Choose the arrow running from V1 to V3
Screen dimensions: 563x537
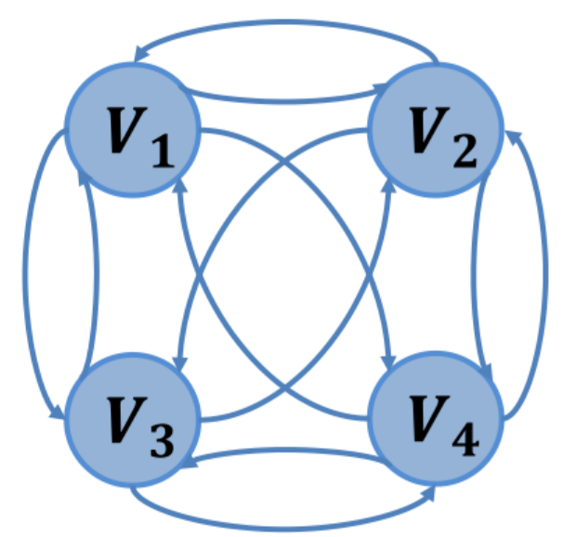point(27,279)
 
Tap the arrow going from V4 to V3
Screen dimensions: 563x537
point(283,450)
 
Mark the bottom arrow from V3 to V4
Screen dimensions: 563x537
point(283,521)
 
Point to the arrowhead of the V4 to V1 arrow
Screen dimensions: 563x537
point(179,186)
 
